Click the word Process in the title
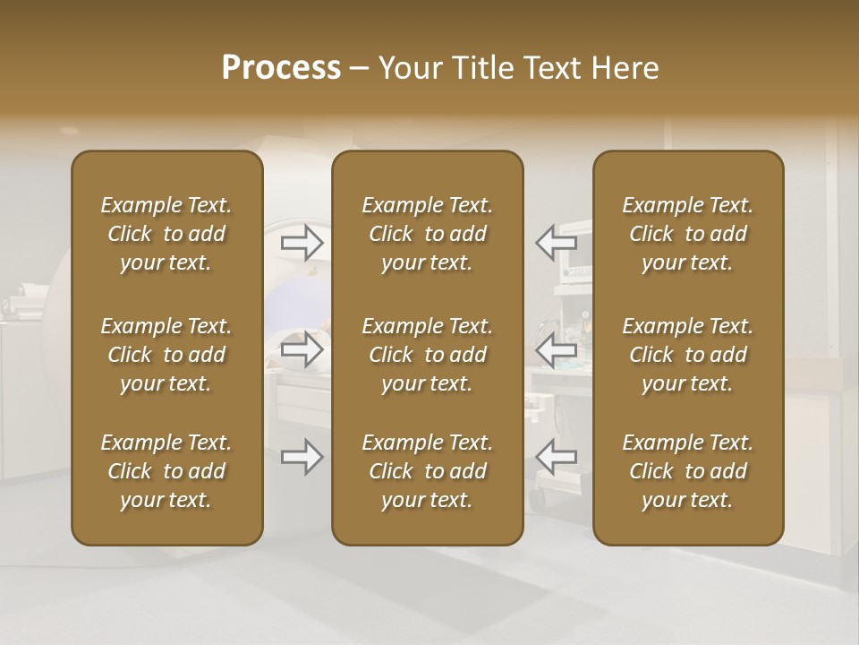tap(281, 68)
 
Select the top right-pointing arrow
tap(302, 242)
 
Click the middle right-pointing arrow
tap(302, 349)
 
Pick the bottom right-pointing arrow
tap(302, 457)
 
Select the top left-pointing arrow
tap(556, 242)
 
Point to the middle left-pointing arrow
tap(556, 349)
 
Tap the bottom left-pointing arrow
tap(556, 457)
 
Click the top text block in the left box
tap(166, 234)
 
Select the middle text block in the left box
tap(166, 355)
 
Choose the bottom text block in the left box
tap(166, 471)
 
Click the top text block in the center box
tap(428, 234)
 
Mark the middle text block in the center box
tap(428, 355)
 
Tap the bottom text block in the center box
tap(428, 471)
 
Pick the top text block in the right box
tap(688, 234)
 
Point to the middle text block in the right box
tap(688, 355)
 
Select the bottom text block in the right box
tap(688, 471)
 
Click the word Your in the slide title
tap(407, 68)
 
